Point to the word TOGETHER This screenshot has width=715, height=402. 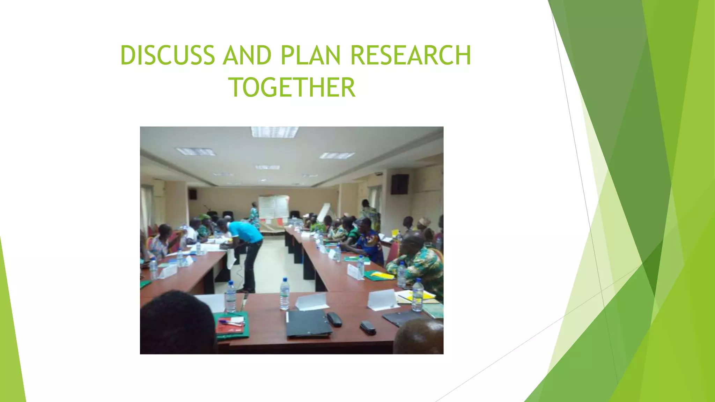pyautogui.click(x=292, y=87)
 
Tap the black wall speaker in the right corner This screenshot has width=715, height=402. pyautogui.click(x=400, y=184)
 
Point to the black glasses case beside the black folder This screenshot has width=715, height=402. pyautogui.click(x=334, y=319)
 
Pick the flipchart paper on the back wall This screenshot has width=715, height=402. pyautogui.click(x=273, y=208)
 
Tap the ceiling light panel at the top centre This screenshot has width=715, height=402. pyautogui.click(x=274, y=132)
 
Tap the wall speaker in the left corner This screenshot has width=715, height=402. pyautogui.click(x=193, y=194)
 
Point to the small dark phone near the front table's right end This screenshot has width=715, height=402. pyautogui.click(x=368, y=327)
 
